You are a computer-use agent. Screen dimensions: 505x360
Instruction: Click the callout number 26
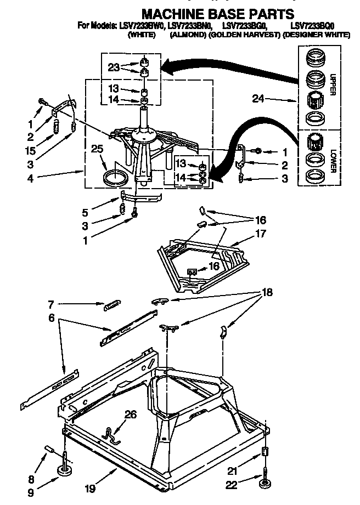click(x=130, y=415)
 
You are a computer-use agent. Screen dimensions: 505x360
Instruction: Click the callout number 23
click(x=114, y=68)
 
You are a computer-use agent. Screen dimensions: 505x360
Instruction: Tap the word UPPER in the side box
click(x=331, y=85)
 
